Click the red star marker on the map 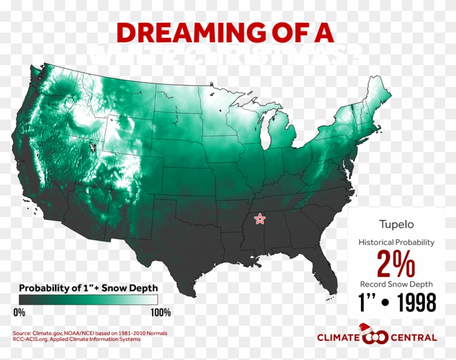coord(260,219)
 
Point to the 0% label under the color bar coord(19,312)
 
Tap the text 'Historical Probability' coord(397,242)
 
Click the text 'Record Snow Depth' coord(396,284)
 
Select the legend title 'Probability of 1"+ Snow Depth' coord(88,287)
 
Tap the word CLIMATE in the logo coord(338,338)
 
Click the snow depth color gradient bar coord(88,300)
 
